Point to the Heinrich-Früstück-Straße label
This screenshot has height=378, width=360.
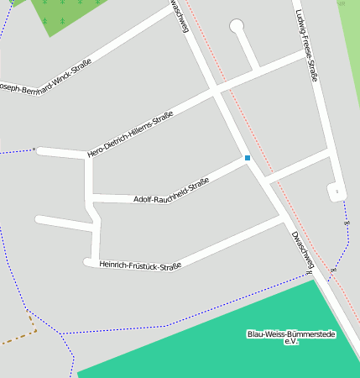pos(140,265)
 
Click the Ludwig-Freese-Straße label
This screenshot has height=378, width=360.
pos(306,45)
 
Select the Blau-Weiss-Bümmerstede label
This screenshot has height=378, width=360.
pos(291,333)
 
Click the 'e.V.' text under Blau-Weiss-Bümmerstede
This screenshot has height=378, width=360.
pos(291,342)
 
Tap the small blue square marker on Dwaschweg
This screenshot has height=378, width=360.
pos(247,157)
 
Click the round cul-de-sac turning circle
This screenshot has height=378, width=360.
pos(237,26)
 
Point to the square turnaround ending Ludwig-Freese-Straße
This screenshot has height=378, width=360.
pos(337,192)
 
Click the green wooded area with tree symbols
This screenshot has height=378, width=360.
pos(67,15)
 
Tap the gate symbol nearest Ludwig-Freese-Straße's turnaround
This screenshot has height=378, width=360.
pos(347,223)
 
